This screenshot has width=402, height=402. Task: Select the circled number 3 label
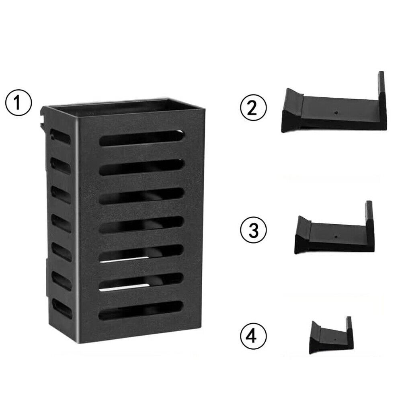click(x=253, y=230)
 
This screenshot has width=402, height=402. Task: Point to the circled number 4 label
click(x=253, y=336)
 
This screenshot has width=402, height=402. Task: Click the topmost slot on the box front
click(x=142, y=138)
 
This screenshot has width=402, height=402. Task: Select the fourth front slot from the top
click(x=141, y=224)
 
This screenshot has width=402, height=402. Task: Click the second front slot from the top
click(x=142, y=167)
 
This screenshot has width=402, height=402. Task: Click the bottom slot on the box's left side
click(x=62, y=307)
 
